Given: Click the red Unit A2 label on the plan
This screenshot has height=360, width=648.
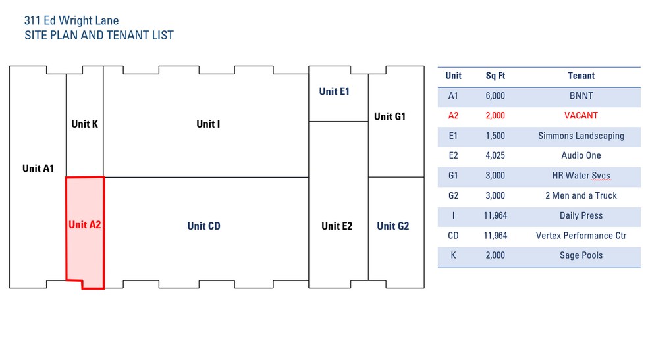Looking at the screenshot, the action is point(85,224).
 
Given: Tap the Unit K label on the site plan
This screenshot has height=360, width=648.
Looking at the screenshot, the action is point(85,124).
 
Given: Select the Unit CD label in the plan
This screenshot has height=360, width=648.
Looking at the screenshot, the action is point(203,226).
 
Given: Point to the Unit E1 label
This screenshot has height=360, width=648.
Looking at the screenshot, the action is point(335,91).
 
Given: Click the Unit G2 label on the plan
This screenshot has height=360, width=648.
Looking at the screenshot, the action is point(393,226).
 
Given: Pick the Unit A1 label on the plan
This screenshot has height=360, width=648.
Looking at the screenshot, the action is point(38,168).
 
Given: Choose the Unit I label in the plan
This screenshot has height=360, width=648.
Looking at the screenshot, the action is point(208,124).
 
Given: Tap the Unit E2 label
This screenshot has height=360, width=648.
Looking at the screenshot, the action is point(337,226).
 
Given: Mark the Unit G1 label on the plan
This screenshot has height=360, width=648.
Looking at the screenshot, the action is point(390,116).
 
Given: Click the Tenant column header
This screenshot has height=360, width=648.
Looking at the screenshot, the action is point(581,76).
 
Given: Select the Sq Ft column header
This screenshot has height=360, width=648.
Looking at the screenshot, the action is point(495,76).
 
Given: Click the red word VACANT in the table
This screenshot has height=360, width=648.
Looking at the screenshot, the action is point(581,116).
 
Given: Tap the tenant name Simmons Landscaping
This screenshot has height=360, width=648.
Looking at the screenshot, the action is point(581,136).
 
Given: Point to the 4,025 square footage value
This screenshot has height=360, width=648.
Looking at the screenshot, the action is point(495,155).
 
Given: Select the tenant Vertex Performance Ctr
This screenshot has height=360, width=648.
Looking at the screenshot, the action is point(581,236).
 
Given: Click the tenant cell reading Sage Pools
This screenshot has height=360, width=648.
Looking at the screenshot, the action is point(581,255).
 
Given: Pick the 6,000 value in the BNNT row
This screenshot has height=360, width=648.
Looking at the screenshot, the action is point(495,96).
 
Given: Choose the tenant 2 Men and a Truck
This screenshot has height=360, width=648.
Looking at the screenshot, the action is point(581,195).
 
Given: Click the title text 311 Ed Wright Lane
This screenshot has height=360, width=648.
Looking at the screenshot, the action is point(72,20).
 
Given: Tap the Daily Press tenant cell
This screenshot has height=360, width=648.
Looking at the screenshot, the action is point(581,215).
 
